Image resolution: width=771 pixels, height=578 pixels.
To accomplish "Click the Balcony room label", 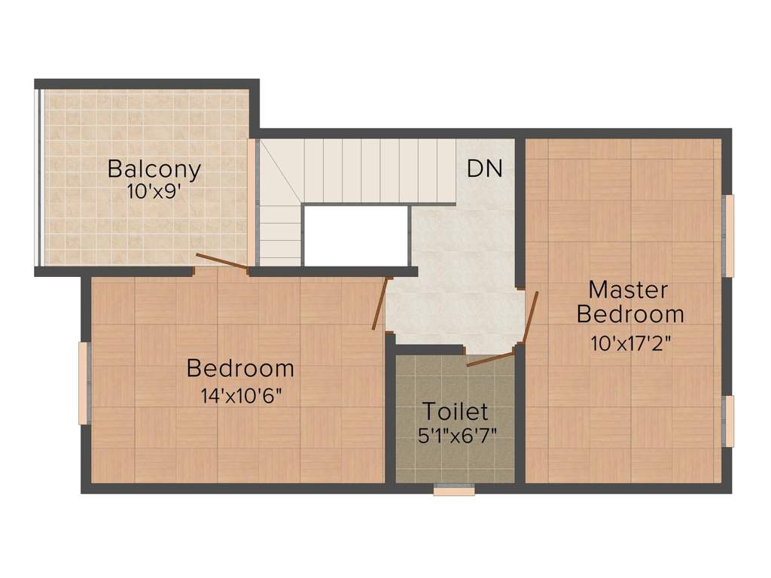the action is (154, 169).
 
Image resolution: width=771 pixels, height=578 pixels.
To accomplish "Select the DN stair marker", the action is (485, 168).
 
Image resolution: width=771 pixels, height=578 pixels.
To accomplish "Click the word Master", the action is (629, 290).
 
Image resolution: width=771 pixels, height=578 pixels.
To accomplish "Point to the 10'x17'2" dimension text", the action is (631, 343).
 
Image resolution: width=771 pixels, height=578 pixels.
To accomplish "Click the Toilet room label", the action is (456, 412).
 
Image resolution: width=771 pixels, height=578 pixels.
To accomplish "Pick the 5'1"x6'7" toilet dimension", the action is (457, 436).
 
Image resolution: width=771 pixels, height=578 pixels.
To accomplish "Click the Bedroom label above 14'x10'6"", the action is (240, 368).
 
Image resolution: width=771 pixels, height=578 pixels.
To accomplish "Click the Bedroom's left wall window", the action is (84, 383).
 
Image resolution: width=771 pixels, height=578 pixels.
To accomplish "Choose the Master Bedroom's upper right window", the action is (728, 236).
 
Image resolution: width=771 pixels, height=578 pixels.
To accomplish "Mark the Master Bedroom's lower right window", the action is (728, 421).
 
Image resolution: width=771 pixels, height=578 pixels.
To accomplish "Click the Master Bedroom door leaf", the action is (531, 317).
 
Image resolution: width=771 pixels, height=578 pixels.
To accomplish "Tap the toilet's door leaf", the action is (489, 359).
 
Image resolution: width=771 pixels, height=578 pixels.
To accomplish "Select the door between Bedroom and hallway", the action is (381, 303).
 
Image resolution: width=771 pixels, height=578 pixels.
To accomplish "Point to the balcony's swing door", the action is (222, 262).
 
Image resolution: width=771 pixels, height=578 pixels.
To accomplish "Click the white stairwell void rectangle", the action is (356, 236).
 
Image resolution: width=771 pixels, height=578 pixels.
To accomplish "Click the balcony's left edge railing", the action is (38, 178).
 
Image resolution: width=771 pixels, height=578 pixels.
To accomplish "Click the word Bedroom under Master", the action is (630, 314).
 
